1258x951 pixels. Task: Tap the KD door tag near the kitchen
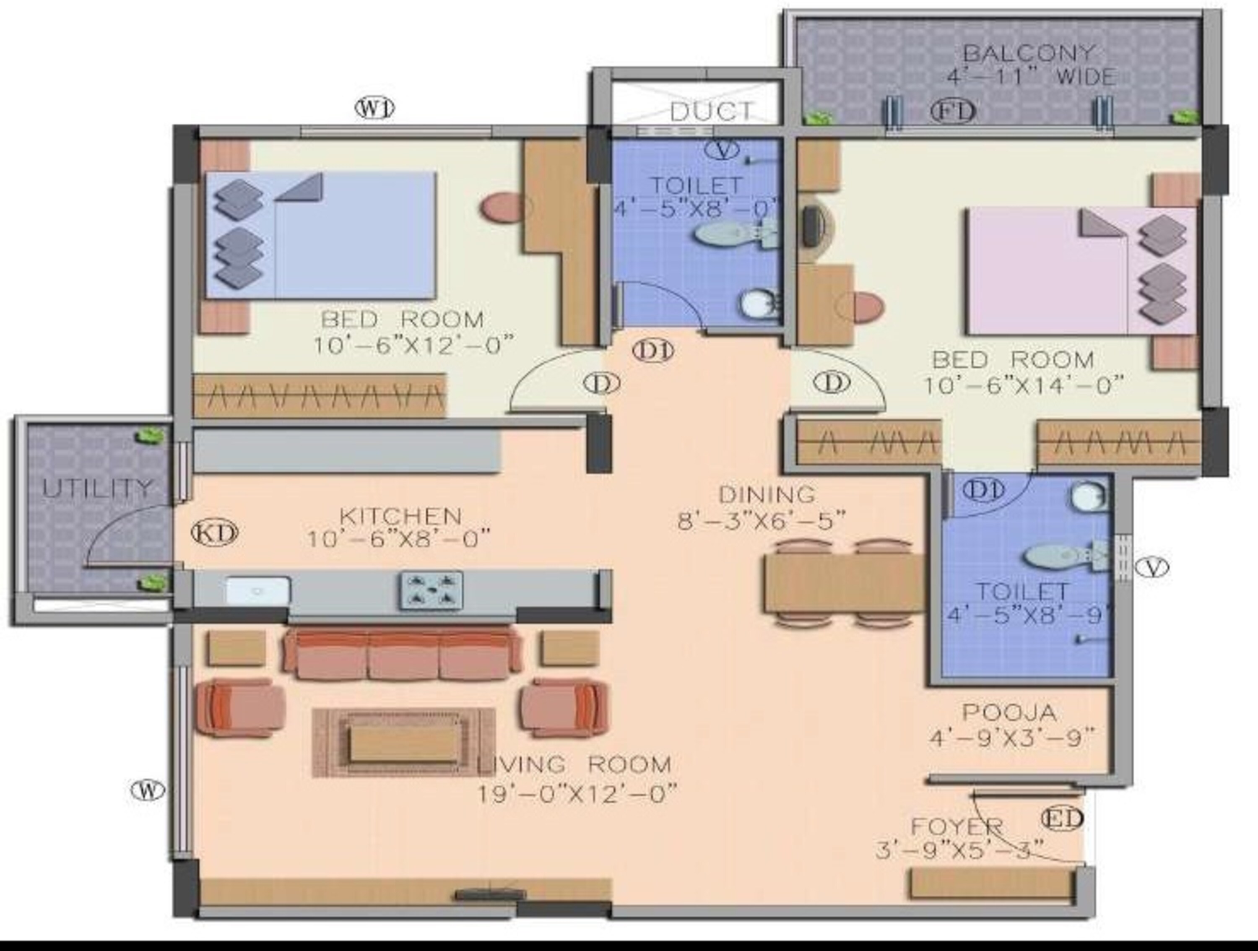click(214, 533)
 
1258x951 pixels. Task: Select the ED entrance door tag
click(1062, 819)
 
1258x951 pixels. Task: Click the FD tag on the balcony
click(953, 111)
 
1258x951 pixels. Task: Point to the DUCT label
click(712, 112)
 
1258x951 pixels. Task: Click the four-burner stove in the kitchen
click(431, 590)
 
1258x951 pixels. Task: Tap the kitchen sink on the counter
click(258, 590)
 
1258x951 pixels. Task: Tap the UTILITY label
click(98, 488)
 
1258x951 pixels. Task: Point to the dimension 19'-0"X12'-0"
click(577, 793)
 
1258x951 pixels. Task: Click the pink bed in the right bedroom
click(1081, 271)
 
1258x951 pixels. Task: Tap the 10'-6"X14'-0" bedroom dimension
click(1022, 386)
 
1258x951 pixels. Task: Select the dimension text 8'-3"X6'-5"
click(762, 520)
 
